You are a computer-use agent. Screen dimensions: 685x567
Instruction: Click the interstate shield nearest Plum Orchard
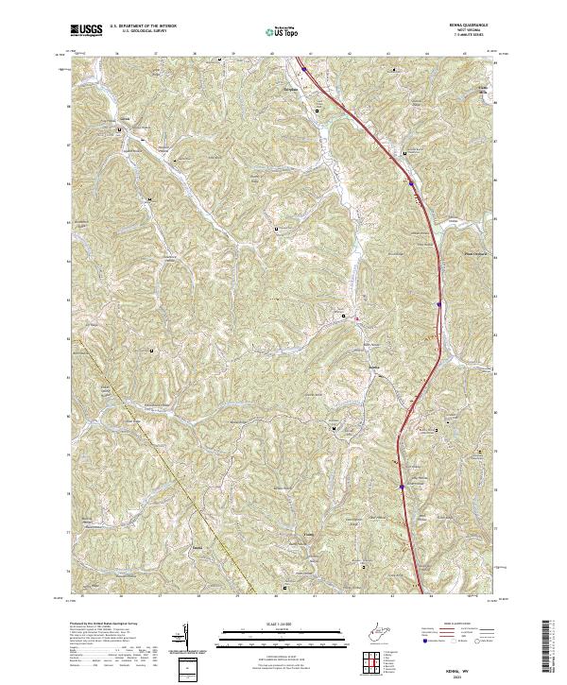(439, 303)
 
